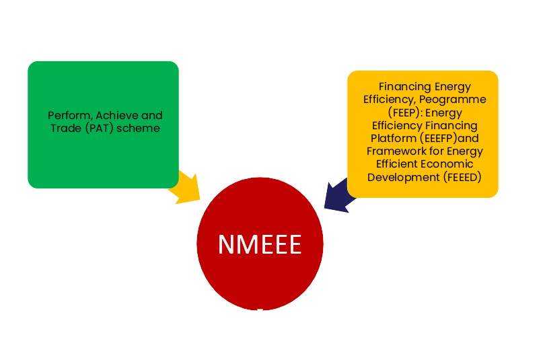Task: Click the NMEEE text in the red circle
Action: point(260,244)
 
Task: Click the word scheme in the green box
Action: point(139,128)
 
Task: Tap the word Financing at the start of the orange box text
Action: point(405,87)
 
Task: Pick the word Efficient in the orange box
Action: point(399,164)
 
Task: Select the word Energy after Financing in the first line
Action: point(453,87)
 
